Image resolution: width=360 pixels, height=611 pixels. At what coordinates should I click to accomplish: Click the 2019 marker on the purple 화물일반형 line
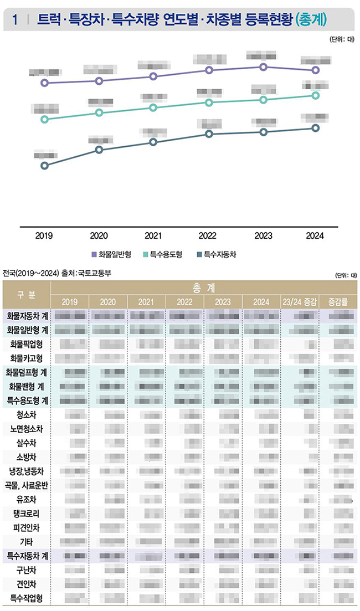(45, 83)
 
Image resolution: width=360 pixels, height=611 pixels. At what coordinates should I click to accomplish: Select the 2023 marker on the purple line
(264, 67)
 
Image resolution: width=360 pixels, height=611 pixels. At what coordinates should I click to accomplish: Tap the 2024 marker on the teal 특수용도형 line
(316, 96)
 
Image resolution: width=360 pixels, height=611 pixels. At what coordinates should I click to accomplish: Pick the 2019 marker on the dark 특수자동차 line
(45, 166)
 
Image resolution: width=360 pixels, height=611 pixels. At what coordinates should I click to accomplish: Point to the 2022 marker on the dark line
(209, 134)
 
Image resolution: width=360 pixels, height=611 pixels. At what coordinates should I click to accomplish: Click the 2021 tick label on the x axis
(153, 235)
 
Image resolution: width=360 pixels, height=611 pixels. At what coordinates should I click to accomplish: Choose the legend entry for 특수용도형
(163, 255)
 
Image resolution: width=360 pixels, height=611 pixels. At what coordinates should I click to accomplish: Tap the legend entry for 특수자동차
(217, 255)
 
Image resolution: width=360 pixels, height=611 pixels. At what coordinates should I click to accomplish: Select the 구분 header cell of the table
(26, 294)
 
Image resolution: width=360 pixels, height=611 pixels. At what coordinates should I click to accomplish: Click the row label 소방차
(27, 457)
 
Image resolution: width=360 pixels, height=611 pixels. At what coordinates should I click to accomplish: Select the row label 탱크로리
(27, 513)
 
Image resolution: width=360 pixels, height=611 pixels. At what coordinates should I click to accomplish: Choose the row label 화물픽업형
(27, 344)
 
